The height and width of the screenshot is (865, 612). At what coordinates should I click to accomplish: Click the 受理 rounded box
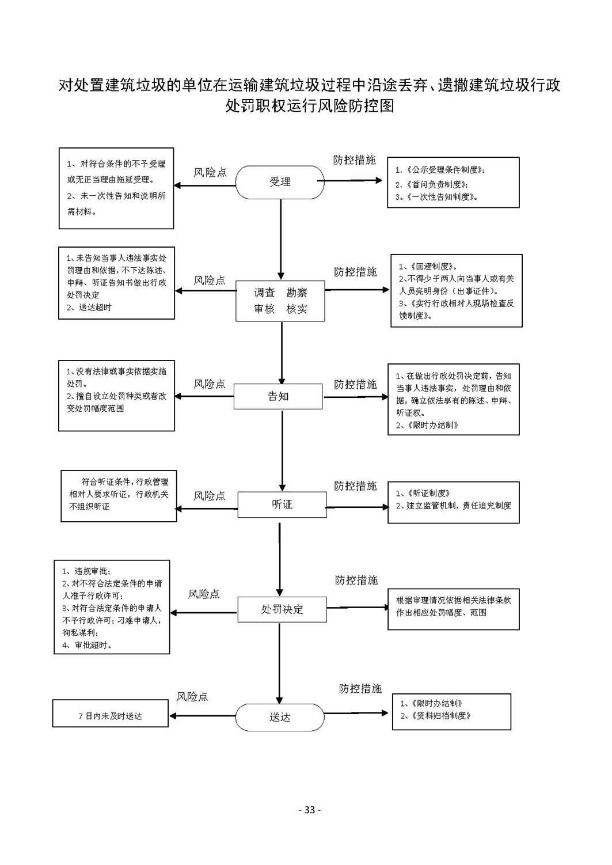coord(280,182)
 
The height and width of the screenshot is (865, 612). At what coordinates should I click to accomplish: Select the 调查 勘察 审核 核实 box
coord(280,301)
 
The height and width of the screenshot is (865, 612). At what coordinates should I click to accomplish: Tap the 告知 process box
coord(278,396)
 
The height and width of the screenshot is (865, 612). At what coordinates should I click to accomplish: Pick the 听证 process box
coord(282,504)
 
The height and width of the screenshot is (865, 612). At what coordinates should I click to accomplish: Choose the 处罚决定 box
coord(282,609)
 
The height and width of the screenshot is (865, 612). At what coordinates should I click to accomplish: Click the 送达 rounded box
coord(280,717)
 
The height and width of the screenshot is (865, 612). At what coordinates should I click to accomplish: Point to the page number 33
coord(310,810)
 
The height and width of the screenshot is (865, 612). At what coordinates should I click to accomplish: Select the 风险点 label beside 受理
coord(210,172)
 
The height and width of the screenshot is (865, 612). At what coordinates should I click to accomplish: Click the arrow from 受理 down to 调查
coord(281,240)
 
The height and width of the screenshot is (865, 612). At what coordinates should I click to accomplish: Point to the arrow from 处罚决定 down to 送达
coord(280,663)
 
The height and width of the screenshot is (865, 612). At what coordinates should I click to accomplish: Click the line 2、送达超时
coord(89,308)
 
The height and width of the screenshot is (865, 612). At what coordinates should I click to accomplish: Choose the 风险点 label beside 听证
coord(209,496)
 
